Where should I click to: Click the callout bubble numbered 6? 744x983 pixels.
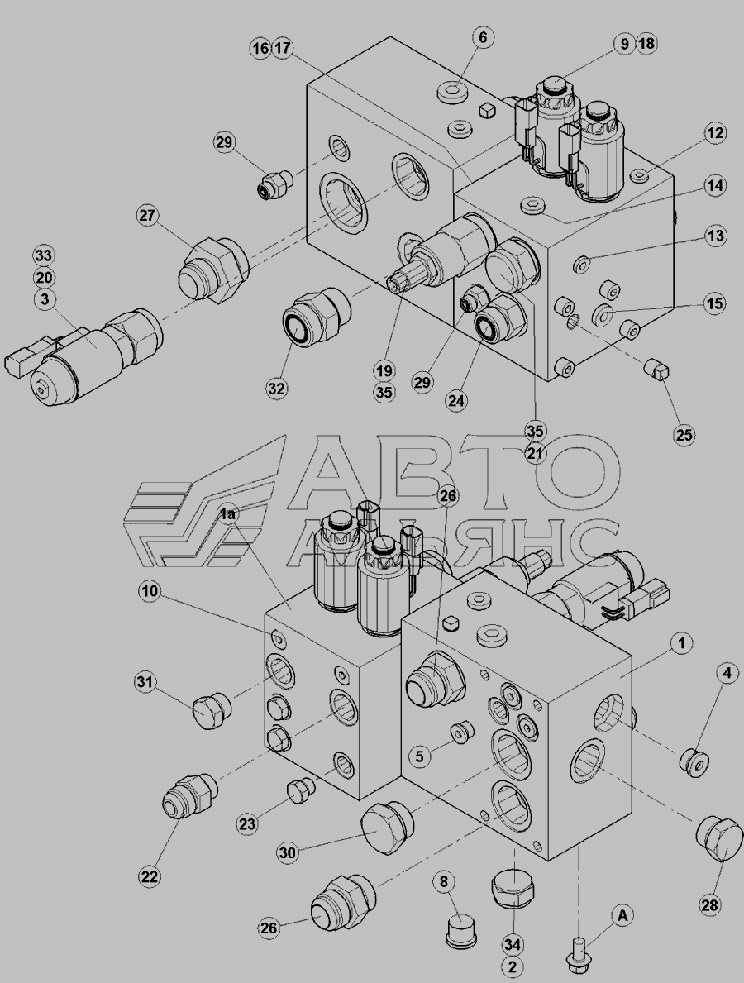pos(483,37)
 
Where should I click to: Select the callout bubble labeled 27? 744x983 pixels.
pos(147,216)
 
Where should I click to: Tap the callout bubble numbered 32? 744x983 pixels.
pos(276,389)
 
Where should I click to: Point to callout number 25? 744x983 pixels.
pos(684,435)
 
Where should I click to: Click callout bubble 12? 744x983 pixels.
pos(714,133)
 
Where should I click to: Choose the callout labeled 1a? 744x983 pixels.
pos(227,514)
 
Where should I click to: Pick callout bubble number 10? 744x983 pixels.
pos(150,591)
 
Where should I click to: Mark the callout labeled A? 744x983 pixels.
pos(622,915)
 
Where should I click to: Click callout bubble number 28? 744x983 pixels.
pos(710,904)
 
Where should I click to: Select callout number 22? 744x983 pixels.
pos(149,876)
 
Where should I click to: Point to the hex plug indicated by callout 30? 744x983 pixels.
pos(385,826)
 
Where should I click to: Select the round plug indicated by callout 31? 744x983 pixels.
pos(212,711)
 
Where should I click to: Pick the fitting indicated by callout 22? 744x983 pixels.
pos(189,795)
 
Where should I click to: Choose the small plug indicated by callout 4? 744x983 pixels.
pos(694,761)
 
